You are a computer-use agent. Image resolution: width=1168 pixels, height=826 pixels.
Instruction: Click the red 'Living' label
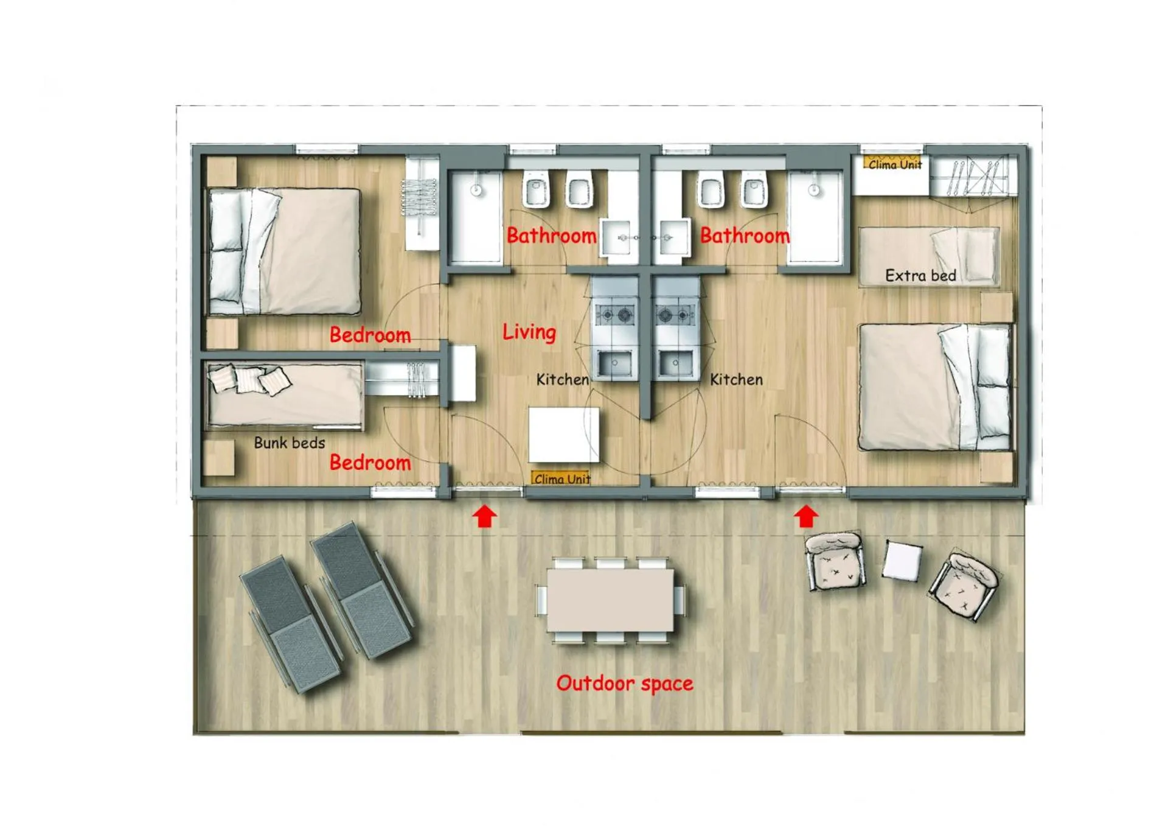click(529, 332)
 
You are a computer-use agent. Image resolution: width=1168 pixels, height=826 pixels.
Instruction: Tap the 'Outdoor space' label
click(625, 684)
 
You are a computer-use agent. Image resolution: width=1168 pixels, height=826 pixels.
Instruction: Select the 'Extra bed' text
click(920, 276)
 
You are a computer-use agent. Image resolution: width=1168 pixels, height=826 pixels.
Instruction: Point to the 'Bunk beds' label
click(290, 443)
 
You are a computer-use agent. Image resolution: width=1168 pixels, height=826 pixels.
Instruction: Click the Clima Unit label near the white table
click(561, 478)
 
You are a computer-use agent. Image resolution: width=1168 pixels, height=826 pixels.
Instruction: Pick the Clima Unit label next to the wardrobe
click(895, 164)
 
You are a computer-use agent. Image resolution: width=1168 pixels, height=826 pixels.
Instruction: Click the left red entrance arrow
click(485, 517)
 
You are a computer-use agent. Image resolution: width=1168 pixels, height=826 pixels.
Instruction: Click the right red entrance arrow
click(806, 517)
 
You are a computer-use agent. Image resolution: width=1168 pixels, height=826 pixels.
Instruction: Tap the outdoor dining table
click(610, 600)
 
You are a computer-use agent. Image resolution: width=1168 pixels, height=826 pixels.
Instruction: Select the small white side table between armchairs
click(902, 560)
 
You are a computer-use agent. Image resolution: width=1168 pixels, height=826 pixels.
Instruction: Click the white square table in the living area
click(564, 435)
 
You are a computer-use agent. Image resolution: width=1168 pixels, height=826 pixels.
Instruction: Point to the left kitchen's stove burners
click(615, 315)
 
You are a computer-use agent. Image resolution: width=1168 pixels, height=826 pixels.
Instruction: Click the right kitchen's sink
click(675, 364)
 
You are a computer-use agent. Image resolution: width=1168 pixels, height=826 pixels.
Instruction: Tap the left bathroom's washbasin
click(619, 238)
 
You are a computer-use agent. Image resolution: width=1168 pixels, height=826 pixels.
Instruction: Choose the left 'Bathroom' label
click(551, 236)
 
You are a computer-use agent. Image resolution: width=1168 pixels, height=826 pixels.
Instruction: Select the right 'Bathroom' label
click(745, 236)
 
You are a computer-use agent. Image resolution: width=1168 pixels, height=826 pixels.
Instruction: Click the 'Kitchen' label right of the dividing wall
click(736, 380)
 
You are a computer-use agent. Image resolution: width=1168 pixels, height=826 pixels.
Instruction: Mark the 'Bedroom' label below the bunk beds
click(370, 463)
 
